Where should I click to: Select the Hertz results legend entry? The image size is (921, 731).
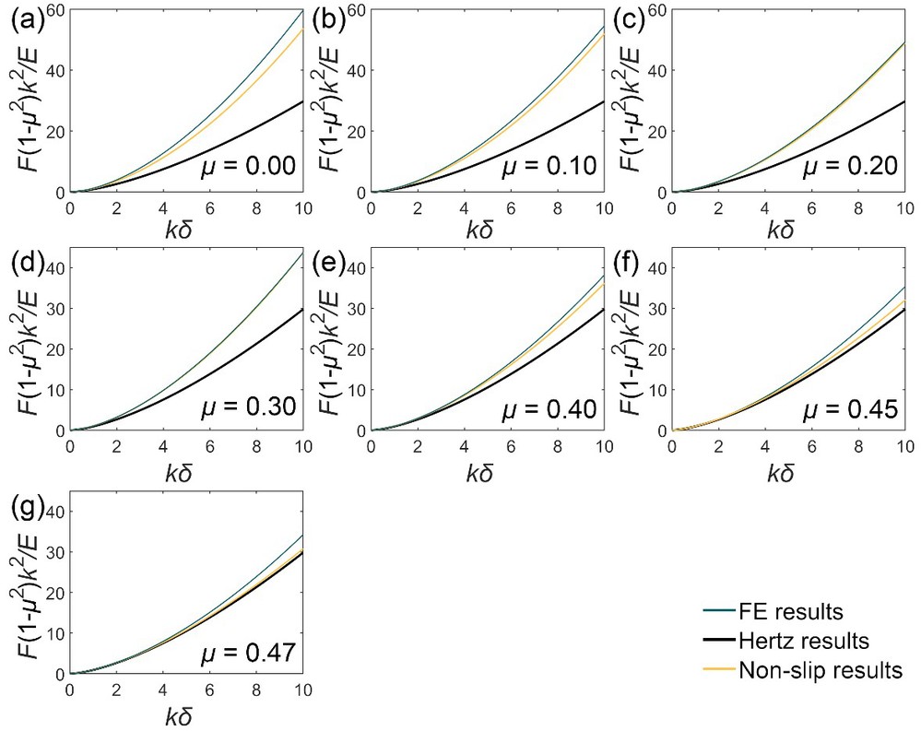(806, 640)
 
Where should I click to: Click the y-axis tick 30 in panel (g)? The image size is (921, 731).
(55, 552)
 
